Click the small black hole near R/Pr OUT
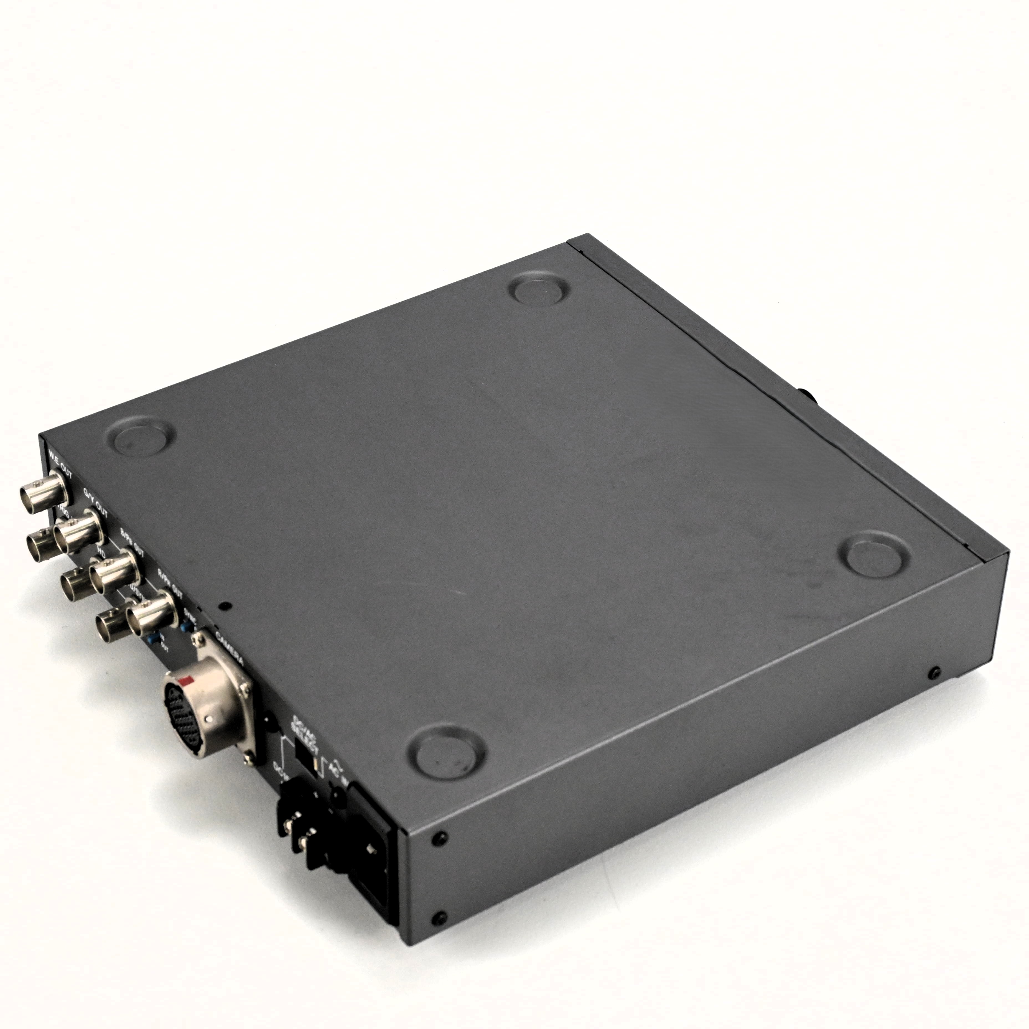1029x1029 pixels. (x=225, y=606)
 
